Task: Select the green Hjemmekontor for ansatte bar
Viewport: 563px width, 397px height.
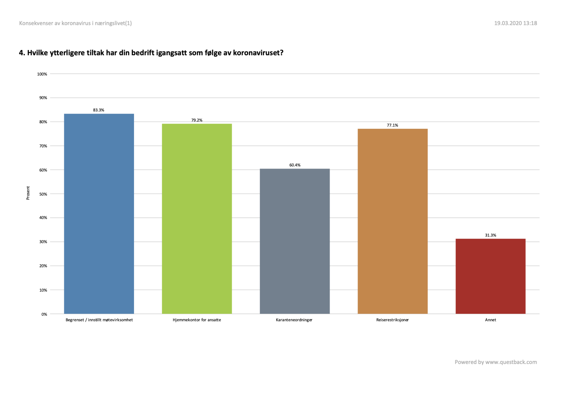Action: coord(197,219)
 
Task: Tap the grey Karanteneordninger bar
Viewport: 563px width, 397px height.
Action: coord(295,241)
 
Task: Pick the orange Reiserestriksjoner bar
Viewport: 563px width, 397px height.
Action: coord(392,221)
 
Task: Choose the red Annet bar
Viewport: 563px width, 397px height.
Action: coord(490,276)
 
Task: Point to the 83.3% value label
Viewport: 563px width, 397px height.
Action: coord(99,110)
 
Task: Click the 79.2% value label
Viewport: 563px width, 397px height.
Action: coord(197,120)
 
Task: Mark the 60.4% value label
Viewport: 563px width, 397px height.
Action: coord(295,165)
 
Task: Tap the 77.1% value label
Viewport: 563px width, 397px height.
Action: coord(392,125)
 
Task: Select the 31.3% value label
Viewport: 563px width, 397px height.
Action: coord(490,235)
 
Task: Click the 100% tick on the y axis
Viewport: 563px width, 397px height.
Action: coord(42,74)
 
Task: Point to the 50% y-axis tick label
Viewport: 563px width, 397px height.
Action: coord(43,194)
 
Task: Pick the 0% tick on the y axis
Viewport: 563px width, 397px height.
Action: coord(44,314)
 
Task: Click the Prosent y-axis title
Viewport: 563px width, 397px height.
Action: coord(28,193)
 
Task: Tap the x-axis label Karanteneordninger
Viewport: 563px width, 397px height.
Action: coord(294,320)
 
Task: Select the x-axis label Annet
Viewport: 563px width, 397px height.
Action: coord(490,320)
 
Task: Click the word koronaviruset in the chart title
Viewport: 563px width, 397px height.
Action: coord(258,53)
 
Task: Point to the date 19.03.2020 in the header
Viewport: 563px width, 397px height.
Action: coord(508,23)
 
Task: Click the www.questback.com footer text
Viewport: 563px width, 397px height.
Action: coord(511,362)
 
